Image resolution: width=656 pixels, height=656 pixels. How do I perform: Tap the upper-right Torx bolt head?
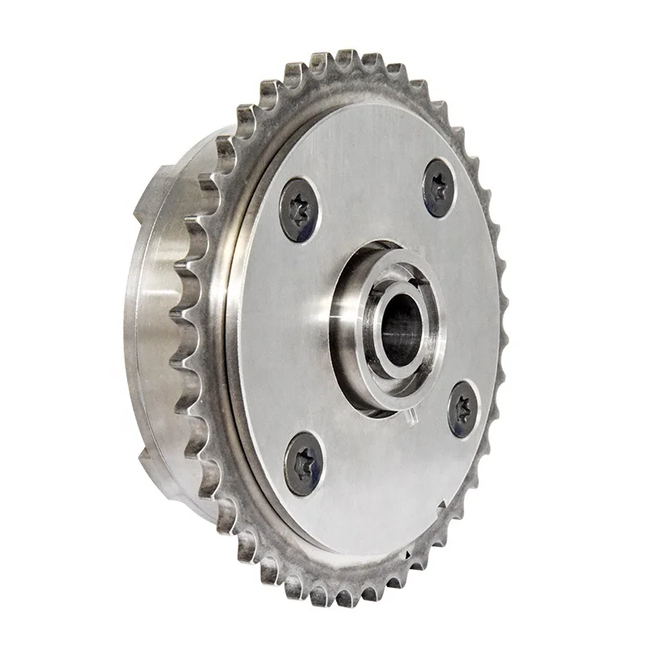[x=439, y=188]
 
